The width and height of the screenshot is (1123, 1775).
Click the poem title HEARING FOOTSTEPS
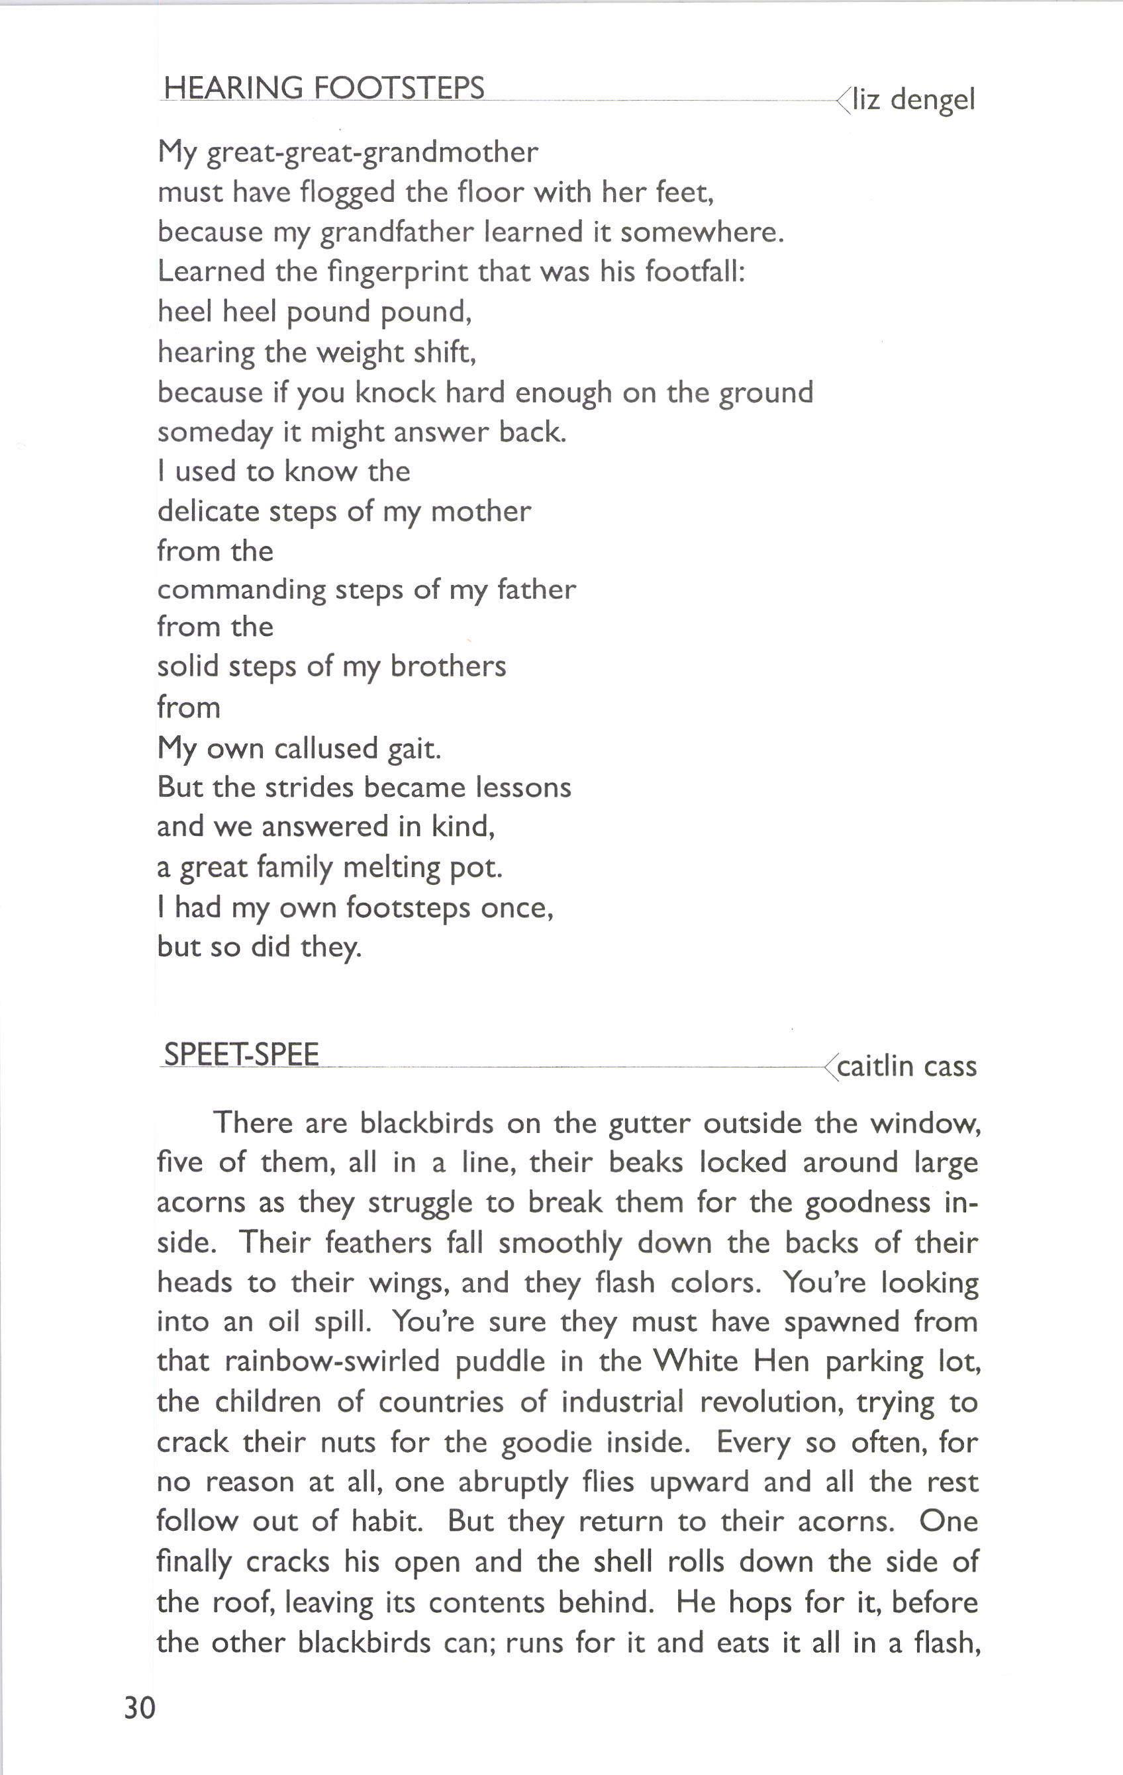324,88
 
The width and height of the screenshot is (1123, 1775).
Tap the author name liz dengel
914,99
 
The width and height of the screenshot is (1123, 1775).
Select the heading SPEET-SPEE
241,1054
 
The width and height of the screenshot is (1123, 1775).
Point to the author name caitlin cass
907,1066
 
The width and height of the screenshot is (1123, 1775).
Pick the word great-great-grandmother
372,153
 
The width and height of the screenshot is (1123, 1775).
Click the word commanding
241,590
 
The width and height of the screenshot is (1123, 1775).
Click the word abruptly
513,1481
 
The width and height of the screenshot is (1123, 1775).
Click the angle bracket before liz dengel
843,99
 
